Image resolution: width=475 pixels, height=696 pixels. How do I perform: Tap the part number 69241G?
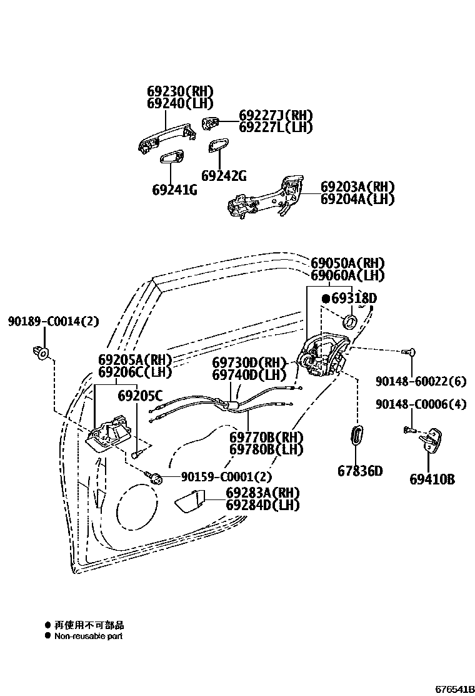[174, 189]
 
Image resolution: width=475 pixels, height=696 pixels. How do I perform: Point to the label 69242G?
[224, 175]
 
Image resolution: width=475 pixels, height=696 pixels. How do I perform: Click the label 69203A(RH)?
[357, 187]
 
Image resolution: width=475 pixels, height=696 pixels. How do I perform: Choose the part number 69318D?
[354, 299]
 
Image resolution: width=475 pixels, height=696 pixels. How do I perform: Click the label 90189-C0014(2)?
[54, 322]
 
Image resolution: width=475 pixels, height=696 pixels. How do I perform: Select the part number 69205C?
[140, 395]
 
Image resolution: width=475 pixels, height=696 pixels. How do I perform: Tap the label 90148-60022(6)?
[421, 381]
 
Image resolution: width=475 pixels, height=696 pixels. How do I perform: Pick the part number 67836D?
[360, 471]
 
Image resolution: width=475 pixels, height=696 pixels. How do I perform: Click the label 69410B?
[432, 479]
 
